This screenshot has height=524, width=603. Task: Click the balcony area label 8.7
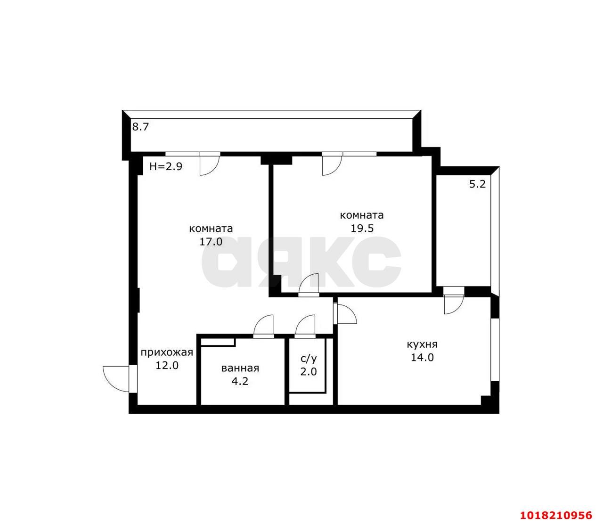(140, 127)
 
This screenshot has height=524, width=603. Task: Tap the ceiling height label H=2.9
(166, 166)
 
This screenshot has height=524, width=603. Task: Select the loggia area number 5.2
(477, 184)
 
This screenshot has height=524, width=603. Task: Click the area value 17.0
(211, 242)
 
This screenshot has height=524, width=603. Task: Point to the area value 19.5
(362, 228)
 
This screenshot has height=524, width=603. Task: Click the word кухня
(422, 344)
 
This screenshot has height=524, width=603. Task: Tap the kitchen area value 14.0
(423, 358)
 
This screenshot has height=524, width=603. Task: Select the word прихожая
(167, 352)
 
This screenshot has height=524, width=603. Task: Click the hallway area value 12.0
(167, 366)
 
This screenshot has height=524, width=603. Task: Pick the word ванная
(240, 368)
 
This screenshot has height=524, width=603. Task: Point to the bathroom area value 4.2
(240, 381)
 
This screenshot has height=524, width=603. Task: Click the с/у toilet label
(309, 359)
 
